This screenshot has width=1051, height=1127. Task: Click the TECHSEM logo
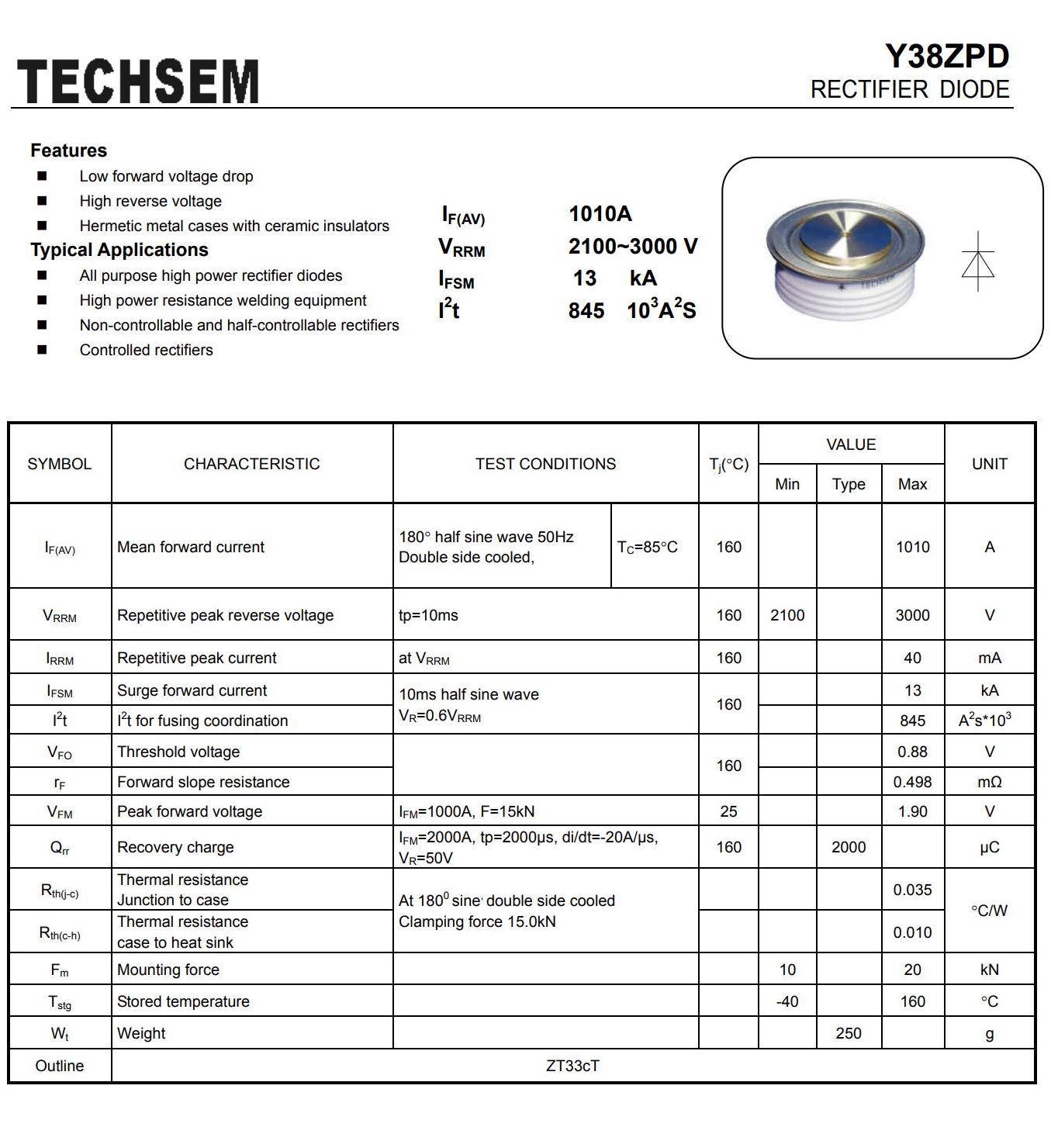(x=137, y=81)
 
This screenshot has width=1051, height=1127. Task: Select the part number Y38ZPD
(x=947, y=57)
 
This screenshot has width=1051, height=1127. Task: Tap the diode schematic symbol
(x=978, y=262)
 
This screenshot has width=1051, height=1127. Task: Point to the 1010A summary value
(x=600, y=213)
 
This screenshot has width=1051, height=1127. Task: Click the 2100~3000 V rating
(x=632, y=247)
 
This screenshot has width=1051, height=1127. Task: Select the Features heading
(x=68, y=150)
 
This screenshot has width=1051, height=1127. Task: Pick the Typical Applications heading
(x=119, y=250)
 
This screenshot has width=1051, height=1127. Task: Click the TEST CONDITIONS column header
(x=545, y=464)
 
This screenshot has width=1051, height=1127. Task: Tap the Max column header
(x=912, y=484)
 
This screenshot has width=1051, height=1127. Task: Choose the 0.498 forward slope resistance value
(x=912, y=782)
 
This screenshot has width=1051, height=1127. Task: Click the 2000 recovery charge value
(x=849, y=847)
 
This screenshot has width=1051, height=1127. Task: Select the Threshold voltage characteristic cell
(x=178, y=752)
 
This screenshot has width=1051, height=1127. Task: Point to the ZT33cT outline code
(x=572, y=1066)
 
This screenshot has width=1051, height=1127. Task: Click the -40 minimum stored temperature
(x=787, y=1001)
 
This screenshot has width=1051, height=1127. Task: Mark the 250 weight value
(x=849, y=1033)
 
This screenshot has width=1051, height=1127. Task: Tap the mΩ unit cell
(x=989, y=782)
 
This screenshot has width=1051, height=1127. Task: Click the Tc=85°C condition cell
(x=647, y=547)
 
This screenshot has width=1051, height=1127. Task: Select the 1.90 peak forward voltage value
(x=912, y=811)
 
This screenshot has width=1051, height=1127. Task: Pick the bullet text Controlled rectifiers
(x=146, y=350)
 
